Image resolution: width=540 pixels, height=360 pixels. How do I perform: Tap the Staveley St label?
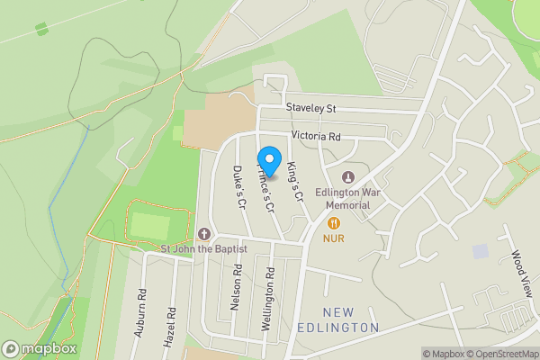click(310, 108)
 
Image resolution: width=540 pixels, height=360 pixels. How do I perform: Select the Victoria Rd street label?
click(316, 137)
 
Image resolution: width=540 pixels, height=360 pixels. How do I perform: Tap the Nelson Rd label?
click(236, 287)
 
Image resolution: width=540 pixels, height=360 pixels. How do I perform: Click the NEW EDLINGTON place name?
click(337, 319)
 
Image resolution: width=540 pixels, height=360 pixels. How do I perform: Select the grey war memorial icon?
click(349, 175)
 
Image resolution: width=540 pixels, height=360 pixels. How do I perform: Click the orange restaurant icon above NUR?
click(334, 222)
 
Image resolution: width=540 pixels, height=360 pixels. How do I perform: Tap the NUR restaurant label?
click(334, 239)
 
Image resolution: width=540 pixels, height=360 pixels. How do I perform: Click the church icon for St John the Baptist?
click(203, 233)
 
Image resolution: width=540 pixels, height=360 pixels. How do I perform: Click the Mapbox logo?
click(40, 348)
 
